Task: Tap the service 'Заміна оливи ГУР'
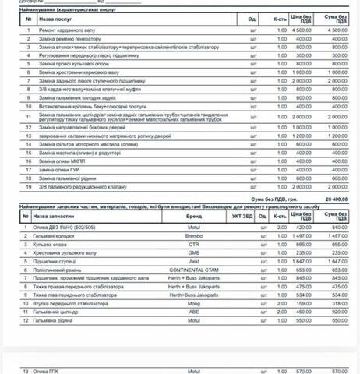[x=58, y=170]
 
